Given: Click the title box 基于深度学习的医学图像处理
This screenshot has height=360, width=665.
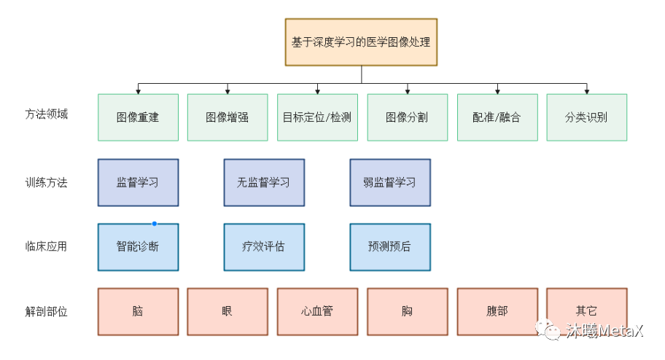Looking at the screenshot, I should pos(361,42).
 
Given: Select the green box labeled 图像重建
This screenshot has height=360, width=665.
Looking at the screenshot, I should pos(138,117).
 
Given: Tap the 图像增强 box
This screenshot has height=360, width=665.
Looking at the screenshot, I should pos(227,117).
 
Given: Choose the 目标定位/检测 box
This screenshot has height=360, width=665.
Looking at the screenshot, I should pos(317,117).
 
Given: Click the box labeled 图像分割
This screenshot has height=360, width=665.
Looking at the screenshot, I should pos(407,117).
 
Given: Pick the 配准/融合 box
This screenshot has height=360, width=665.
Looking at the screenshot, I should pos(497,117).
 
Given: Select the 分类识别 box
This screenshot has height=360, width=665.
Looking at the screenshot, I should pos(586,117).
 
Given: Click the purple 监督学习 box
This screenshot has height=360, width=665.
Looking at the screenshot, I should pos(138,182).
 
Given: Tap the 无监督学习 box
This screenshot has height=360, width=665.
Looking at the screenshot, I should pos(264,182).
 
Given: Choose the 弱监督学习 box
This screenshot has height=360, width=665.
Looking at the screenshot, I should pos(389,182).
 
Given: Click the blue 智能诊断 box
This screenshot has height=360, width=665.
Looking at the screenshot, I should pos(138,247).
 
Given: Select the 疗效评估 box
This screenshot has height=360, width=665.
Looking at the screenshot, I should pos(264,247).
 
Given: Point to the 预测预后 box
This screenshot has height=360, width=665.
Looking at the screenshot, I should pos(389,247).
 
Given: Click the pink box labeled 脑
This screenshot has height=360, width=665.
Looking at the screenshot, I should pos(138,311).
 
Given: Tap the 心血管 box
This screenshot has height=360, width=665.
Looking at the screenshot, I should pos(317,311).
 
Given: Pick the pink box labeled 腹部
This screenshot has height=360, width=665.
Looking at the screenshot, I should pos(497,311).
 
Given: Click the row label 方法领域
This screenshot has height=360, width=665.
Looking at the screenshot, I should pos(46,114).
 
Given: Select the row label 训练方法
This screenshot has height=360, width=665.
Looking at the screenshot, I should pos(46,182).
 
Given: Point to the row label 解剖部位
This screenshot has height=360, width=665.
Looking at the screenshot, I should pos(46,311).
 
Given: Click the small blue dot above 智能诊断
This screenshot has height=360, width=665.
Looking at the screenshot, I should pos(155,224).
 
